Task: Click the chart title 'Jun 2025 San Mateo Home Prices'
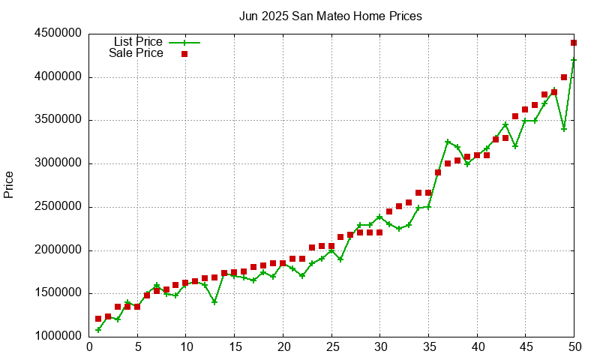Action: [x=330, y=16]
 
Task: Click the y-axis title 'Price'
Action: [x=9, y=184]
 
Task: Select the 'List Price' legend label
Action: [x=138, y=42]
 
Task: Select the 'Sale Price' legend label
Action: [x=136, y=53]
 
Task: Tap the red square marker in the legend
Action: [x=184, y=54]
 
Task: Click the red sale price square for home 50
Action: [x=574, y=43]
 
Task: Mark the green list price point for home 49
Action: [x=564, y=129]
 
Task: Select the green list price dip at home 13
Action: [x=214, y=302]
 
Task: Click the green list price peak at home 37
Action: [x=448, y=142]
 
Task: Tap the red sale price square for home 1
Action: [x=98, y=319]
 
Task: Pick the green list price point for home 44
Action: [x=515, y=146]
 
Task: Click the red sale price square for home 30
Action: [x=379, y=232]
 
